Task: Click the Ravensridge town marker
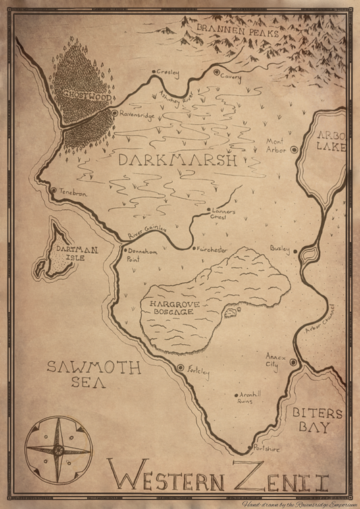(114, 114)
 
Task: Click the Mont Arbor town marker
(294, 150)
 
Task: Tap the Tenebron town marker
(54, 191)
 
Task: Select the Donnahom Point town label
(143, 253)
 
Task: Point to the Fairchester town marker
(195, 248)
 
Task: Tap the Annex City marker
(293, 363)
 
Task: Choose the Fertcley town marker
(180, 368)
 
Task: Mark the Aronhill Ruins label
(242, 398)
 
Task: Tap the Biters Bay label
(317, 420)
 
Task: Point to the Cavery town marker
(217, 72)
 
